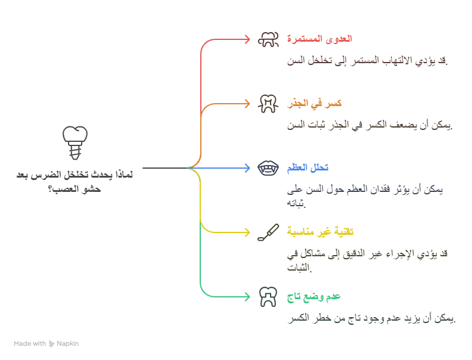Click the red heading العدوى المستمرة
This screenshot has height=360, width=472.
click(x=319, y=39)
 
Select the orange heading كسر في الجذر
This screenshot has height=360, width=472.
click(x=314, y=104)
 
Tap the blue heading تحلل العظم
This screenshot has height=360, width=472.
click(x=308, y=167)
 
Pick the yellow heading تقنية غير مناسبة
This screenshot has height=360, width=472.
click(x=320, y=232)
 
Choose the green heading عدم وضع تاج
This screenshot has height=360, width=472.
click(x=313, y=297)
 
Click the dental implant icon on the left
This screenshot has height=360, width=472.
click(x=75, y=142)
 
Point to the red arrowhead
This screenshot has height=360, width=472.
click(x=247, y=39)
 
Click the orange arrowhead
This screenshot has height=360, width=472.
click(x=247, y=104)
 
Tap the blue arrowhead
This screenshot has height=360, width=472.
click(x=247, y=168)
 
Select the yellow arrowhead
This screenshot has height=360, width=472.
click(x=247, y=232)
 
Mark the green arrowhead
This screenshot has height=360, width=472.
click(x=247, y=297)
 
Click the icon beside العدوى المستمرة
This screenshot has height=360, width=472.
click(x=268, y=39)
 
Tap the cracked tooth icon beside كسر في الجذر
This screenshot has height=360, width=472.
click(x=268, y=104)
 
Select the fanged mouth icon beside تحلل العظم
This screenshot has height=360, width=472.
click(x=268, y=168)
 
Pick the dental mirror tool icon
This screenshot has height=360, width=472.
click(x=268, y=232)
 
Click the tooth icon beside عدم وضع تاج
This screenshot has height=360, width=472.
click(x=268, y=297)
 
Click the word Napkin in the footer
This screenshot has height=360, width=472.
click(x=68, y=344)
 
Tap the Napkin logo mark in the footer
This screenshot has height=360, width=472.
click(x=51, y=344)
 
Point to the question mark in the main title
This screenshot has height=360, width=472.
click(x=50, y=190)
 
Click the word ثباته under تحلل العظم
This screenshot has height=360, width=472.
click(x=296, y=203)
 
